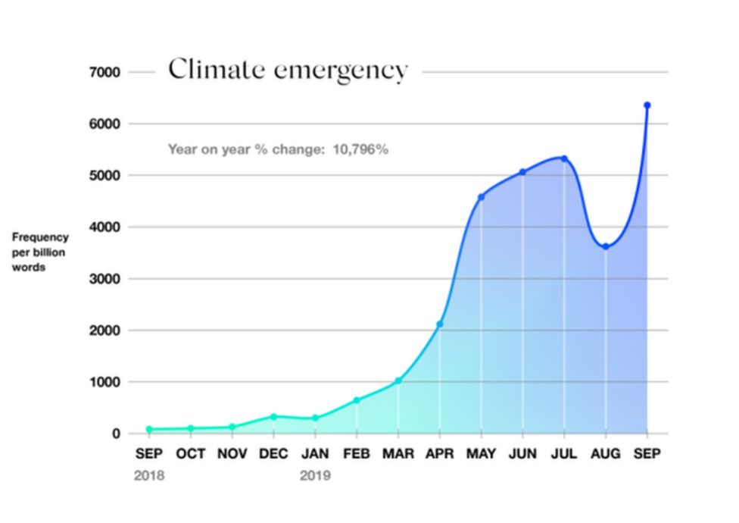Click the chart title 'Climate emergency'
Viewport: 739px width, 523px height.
pos(288,70)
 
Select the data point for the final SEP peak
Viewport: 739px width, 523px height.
pos(647,105)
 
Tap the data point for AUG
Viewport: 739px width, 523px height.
pos(605,246)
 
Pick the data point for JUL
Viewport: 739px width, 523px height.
pos(564,158)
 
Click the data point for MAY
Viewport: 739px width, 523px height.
pos(481,197)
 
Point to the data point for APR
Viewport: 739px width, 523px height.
pos(439,324)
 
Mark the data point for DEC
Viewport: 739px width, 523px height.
pos(273,417)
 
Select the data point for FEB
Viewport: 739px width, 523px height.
pos(357,400)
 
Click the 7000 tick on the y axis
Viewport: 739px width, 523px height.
pos(104,72)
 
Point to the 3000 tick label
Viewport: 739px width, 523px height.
pos(104,279)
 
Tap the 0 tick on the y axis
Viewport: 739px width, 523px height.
pos(115,434)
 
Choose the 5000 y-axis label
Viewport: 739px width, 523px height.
pos(104,175)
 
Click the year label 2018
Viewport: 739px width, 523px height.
pos(148,476)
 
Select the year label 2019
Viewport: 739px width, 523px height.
pos(315,476)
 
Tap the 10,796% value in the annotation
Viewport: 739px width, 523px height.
pos(360,149)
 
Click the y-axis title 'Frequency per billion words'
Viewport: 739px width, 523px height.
pos(39,252)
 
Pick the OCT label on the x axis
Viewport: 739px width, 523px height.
pos(190,453)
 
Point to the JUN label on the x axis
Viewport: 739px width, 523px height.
pos(522,453)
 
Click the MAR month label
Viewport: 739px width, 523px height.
pos(398,453)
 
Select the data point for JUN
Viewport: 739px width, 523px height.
pos(522,172)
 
